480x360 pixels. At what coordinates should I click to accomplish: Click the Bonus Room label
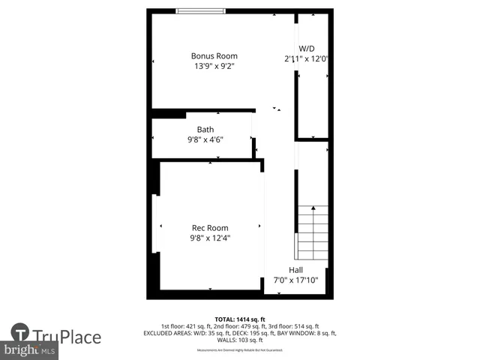click(x=214, y=56)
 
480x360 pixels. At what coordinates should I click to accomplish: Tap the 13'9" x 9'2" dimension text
click(x=214, y=66)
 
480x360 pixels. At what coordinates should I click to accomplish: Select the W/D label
click(x=307, y=48)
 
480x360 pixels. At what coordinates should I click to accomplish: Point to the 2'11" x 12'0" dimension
click(x=307, y=58)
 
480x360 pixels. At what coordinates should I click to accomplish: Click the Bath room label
click(x=205, y=130)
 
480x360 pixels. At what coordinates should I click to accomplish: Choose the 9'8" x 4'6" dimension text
click(x=205, y=139)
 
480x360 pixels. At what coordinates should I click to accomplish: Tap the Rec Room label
click(x=210, y=228)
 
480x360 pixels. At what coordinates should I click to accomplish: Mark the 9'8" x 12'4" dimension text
click(x=210, y=238)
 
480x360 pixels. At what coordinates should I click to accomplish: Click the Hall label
click(x=296, y=270)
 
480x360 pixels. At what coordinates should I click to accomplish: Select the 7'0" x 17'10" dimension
click(x=296, y=280)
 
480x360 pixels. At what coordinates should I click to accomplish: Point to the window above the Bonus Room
click(x=200, y=10)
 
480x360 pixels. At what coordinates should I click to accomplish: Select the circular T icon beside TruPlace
click(x=20, y=333)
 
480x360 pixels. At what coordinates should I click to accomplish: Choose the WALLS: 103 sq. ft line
click(x=240, y=340)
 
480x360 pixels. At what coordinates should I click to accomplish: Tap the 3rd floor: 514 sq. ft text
click(x=294, y=326)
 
